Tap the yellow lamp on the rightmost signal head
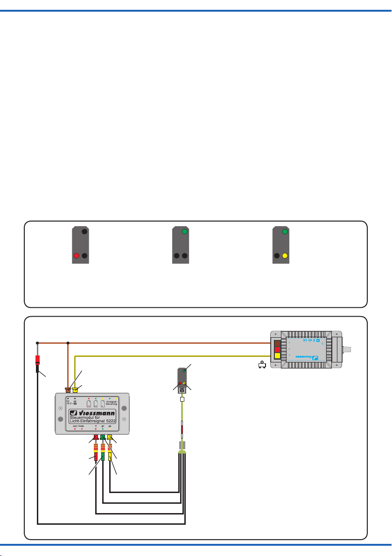pyautogui.click(x=285, y=256)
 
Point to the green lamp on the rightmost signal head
pyautogui.click(x=285, y=231)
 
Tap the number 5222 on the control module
pyautogui.click(x=108, y=425)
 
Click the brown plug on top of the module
pyautogui.click(x=68, y=389)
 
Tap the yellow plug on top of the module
pyautogui.click(x=75, y=389)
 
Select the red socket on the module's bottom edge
pyautogui.click(x=96, y=437)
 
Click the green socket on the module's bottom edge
pyautogui.click(x=103, y=437)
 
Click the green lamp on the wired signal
pyautogui.click(x=184, y=370)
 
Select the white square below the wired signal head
pyautogui.click(x=182, y=400)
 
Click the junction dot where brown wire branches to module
pyautogui.click(x=68, y=343)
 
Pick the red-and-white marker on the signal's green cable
pyautogui.click(x=182, y=428)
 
